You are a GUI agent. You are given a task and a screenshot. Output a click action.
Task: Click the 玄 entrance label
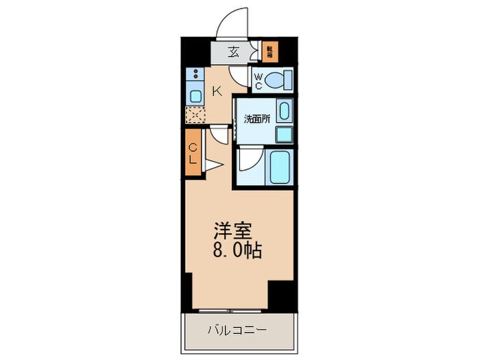tap(234, 51)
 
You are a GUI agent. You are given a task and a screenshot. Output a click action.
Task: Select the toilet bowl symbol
tap(279, 81)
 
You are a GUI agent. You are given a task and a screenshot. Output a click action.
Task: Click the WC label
tap(258, 82)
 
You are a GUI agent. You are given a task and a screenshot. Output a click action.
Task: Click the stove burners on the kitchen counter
tap(195, 76)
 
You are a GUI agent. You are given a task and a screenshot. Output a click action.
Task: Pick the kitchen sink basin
tap(195, 95)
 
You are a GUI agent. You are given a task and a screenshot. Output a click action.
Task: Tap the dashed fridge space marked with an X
tap(195, 115)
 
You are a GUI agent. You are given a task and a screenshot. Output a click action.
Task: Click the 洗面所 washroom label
tap(257, 118)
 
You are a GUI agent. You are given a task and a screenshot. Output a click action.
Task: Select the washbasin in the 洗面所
tap(285, 110)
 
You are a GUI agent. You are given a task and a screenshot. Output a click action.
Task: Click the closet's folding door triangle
tap(212, 165)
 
